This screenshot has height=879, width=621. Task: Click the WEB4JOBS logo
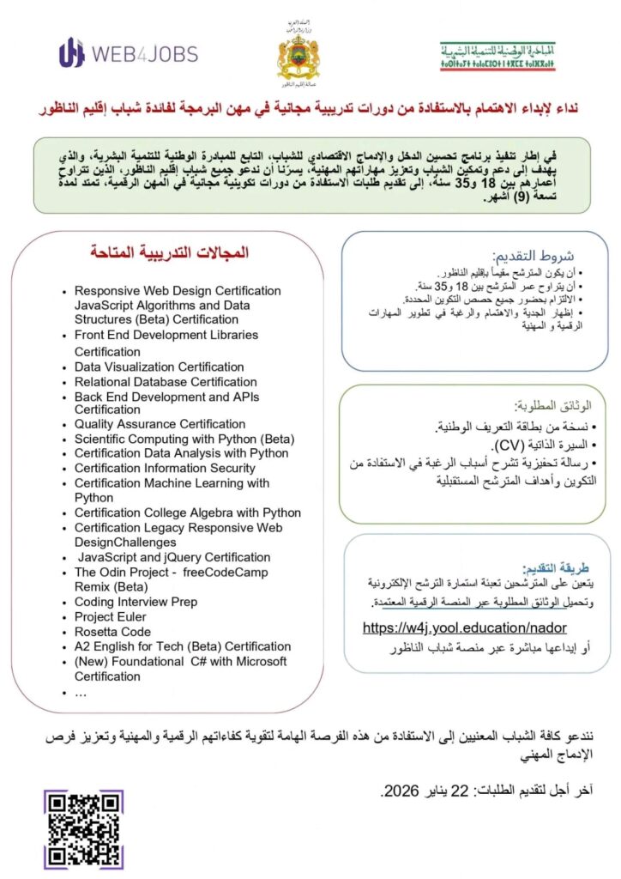click(x=128, y=53)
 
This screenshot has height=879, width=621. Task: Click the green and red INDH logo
click(x=497, y=56)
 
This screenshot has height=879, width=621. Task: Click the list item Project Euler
click(x=110, y=616)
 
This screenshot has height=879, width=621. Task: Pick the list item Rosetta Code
click(x=112, y=631)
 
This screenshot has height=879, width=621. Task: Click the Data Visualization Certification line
click(x=159, y=367)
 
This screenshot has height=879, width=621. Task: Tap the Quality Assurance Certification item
click(x=160, y=423)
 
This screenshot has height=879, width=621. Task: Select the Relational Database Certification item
click(x=166, y=381)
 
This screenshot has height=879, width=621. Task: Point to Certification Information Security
click(x=165, y=468)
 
